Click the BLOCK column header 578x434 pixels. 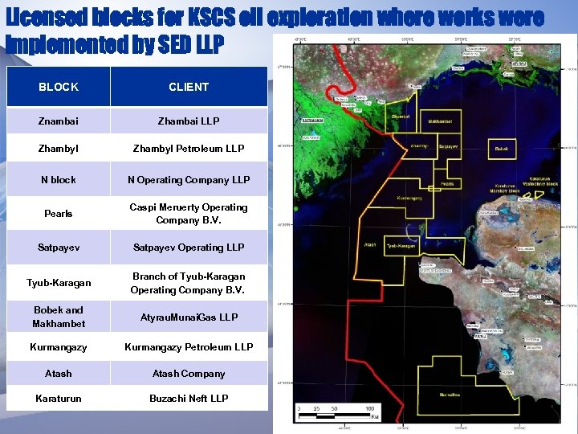59,87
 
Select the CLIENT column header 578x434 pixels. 189,87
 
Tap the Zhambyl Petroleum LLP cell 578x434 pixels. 189,149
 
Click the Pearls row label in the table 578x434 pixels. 59,214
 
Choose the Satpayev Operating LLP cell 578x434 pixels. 189,248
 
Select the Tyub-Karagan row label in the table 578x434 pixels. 59,283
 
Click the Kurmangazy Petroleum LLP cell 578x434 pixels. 189,347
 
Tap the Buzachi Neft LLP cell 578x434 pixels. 189,399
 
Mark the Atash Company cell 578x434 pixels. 189,374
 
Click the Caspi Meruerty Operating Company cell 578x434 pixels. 189,214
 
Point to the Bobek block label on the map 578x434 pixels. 502,149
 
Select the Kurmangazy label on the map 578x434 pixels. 410,197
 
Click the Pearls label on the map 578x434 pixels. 446,184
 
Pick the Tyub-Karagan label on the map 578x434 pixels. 401,246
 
